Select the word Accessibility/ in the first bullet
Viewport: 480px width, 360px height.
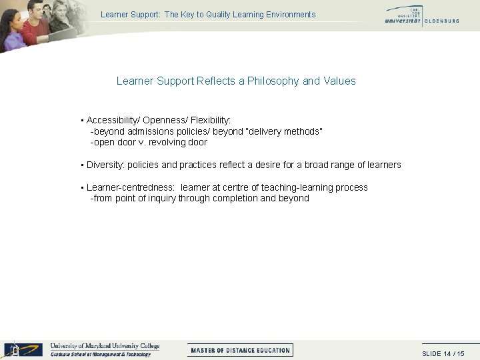113,121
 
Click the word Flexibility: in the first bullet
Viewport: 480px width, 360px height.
211,121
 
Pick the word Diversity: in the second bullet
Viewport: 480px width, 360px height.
105,165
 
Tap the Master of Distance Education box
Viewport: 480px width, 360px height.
240,350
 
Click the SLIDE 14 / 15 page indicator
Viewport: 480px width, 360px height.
443,353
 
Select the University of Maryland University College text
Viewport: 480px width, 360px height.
105,346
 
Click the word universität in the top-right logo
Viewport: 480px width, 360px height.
403,21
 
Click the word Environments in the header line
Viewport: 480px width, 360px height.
289,15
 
